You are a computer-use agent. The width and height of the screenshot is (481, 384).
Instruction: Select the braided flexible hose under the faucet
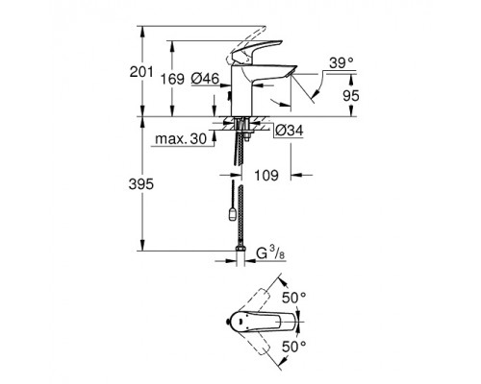tap(240, 192)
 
